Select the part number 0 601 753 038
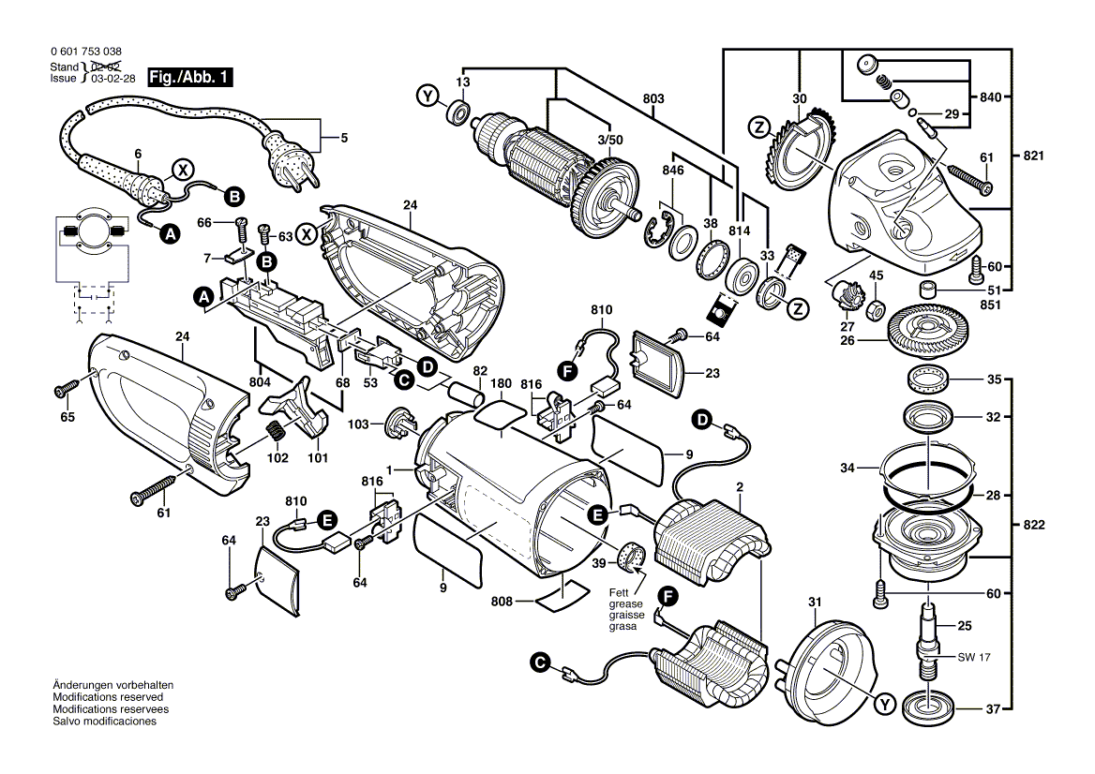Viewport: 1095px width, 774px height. point(85,53)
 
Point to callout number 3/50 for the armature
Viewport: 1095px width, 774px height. point(609,140)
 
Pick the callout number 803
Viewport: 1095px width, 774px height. point(653,98)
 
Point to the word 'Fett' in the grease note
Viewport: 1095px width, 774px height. point(618,592)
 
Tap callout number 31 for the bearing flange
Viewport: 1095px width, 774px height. point(814,602)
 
